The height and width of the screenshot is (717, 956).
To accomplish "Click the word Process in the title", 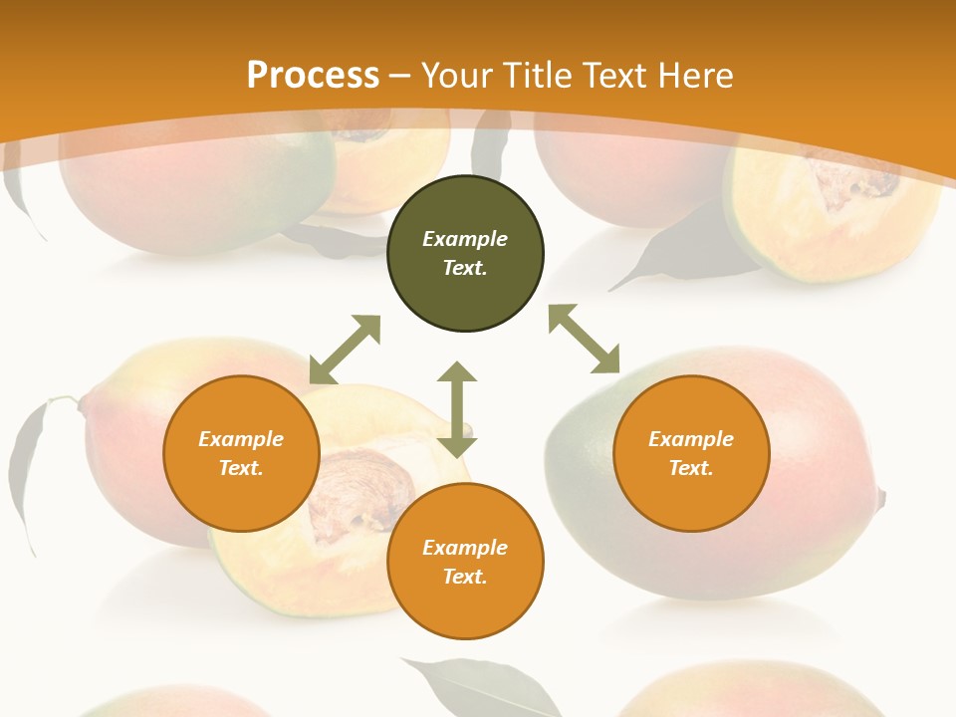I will (313, 75).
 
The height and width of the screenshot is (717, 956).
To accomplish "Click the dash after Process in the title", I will (399, 76).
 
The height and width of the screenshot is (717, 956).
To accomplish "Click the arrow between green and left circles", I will (345, 350).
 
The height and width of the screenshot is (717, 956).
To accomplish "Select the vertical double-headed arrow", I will (457, 409).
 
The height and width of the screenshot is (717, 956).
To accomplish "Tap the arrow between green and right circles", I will (584, 339).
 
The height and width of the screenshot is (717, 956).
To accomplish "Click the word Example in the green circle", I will (465, 239).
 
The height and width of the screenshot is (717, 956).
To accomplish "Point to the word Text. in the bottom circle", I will (465, 577).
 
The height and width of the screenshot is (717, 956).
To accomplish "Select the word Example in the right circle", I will (691, 439).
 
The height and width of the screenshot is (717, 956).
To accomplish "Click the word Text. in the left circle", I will (241, 468).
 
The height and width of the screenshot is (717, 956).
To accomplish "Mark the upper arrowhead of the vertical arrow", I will (457, 372).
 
